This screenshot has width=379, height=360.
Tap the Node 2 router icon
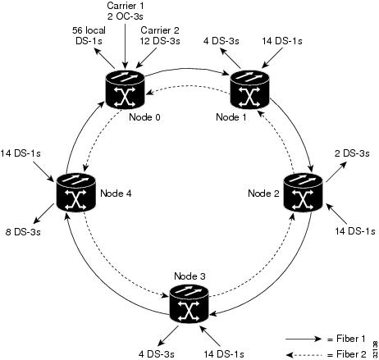coord(304,192)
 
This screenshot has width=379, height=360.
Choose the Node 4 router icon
coord(75,193)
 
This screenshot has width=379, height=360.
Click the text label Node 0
coord(144,117)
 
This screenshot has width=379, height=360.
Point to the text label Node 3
coord(189,276)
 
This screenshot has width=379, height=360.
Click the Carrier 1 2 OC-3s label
coord(126,11)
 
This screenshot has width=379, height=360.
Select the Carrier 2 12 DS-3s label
coord(160,35)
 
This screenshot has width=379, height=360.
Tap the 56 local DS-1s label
coord(89,35)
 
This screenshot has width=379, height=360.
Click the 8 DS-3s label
coord(23,232)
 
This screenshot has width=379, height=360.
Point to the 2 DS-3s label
coord(352,153)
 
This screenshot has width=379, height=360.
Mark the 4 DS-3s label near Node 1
coord(221,41)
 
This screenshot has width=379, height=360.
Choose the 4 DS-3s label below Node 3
coord(156,354)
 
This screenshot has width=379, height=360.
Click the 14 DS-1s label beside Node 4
coord(21,153)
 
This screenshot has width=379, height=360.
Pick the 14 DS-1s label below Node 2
coord(355,231)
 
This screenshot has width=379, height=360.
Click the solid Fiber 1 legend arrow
coord(304,339)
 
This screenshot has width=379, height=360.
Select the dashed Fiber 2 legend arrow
coord(304,355)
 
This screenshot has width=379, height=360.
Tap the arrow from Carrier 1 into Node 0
coord(125,46)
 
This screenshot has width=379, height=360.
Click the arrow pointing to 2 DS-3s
coord(336,171)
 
